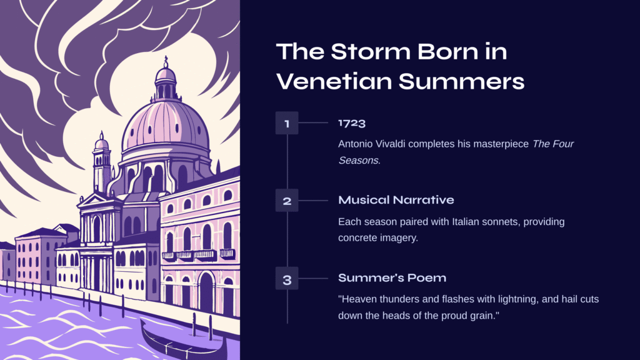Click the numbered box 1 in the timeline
point(287,123)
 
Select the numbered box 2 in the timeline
point(287,201)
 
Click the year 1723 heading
point(352,123)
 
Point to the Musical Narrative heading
point(396,200)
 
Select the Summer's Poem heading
point(392,278)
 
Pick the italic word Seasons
point(358,161)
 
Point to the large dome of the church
point(165,124)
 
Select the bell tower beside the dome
point(102,163)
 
